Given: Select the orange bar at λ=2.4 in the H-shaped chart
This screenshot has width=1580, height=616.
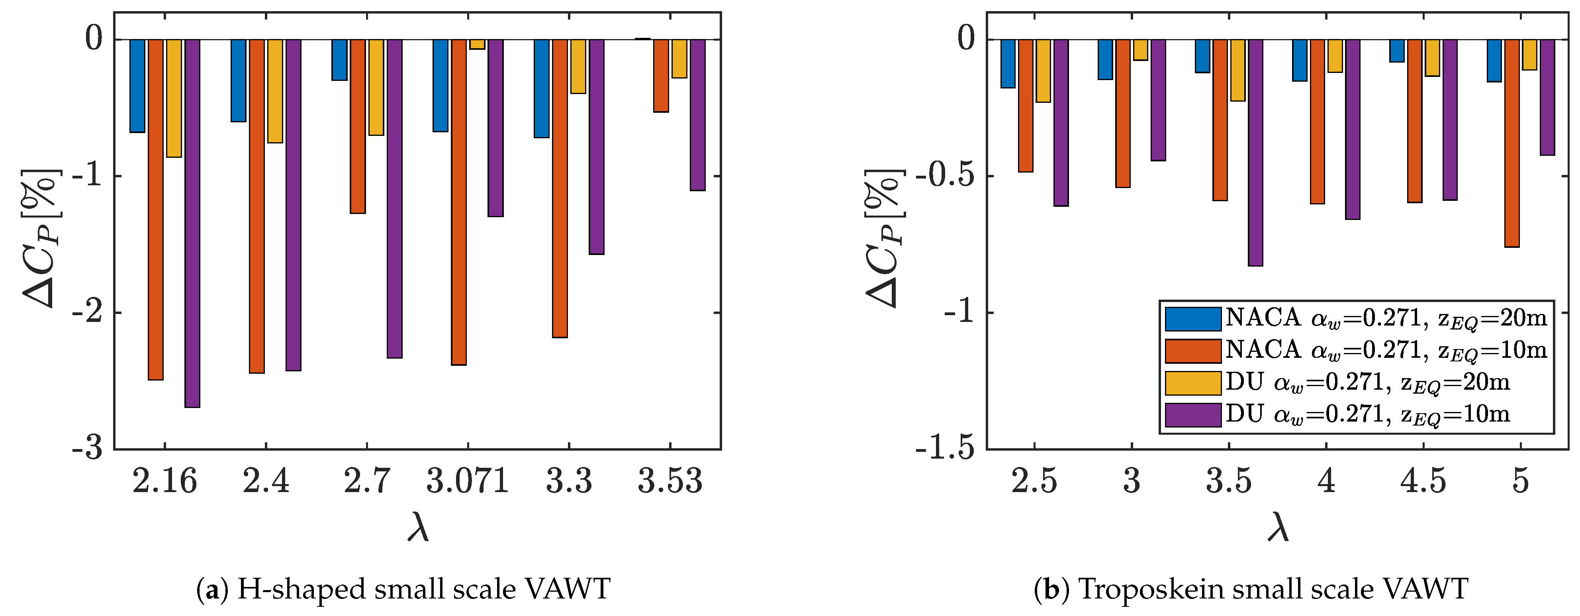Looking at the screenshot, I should click(256, 206).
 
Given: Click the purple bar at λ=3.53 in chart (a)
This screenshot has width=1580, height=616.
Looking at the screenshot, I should click(697, 115).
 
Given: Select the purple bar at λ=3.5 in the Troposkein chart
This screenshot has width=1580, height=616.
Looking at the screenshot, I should click(1255, 152).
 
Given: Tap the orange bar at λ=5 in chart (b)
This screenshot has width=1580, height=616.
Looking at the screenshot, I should click(1511, 143).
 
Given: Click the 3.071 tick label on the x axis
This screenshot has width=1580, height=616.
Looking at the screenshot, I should click(467, 481).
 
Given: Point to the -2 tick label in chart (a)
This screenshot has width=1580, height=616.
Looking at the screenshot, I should click(87, 313).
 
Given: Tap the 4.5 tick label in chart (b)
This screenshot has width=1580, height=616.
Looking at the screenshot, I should click(1423, 481).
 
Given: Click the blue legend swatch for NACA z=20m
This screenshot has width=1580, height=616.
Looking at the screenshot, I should click(1192, 318).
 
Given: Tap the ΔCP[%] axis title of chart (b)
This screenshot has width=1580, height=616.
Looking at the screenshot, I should click(883, 238).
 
